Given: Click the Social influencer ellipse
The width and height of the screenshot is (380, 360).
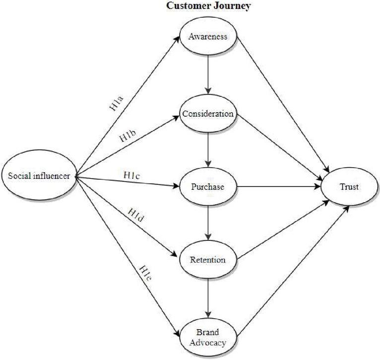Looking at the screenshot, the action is click(x=39, y=175).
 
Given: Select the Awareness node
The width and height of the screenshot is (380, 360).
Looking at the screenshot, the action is click(x=208, y=36).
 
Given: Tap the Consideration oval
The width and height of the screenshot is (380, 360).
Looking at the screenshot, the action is click(x=208, y=113).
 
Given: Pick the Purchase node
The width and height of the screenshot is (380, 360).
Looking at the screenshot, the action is click(x=208, y=187).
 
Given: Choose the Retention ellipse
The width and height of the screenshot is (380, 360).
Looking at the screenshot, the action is click(x=208, y=260).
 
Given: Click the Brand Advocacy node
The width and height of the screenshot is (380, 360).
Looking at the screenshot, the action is click(x=208, y=338).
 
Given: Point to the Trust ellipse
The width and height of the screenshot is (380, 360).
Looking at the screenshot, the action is click(x=349, y=187).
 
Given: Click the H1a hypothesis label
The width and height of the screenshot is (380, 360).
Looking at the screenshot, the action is click(x=117, y=103).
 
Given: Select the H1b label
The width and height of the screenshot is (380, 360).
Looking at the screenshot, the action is click(x=128, y=137).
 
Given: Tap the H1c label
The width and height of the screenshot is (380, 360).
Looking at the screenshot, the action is click(x=131, y=175).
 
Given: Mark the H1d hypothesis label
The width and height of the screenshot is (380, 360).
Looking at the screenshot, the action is click(x=136, y=215).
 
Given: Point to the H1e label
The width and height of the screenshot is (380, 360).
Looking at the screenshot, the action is click(x=146, y=273).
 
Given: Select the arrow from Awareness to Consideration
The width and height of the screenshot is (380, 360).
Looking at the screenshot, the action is click(x=208, y=75).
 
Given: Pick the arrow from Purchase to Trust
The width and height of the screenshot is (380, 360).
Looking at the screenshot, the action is click(x=279, y=187).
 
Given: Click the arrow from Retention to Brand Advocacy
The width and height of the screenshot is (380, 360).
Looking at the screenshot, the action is click(x=208, y=298).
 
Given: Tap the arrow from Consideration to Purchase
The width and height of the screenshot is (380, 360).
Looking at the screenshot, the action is click(x=208, y=150).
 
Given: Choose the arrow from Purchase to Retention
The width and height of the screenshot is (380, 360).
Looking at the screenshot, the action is click(x=208, y=223).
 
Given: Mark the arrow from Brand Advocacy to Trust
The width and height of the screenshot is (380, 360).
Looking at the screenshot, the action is click(x=293, y=272).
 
